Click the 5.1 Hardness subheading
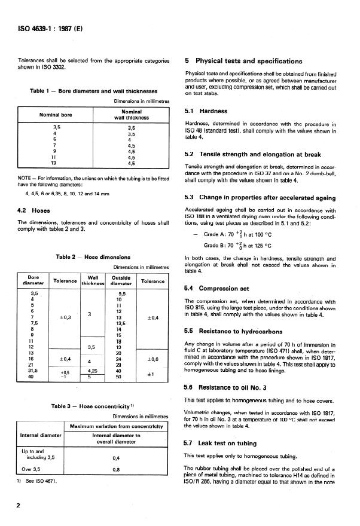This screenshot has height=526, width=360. (207, 111)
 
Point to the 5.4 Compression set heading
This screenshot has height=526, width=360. (219, 288)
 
